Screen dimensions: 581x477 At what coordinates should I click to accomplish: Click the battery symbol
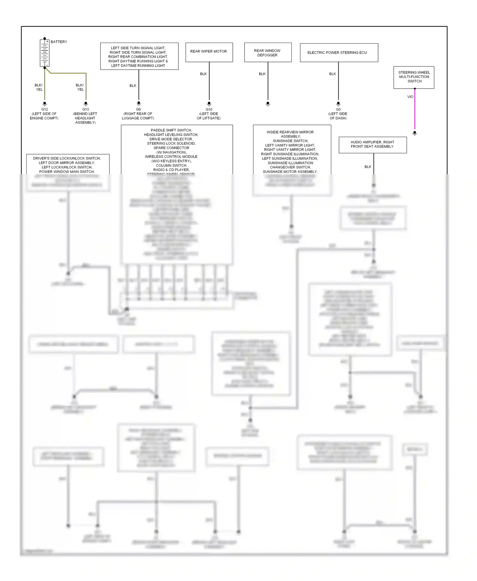45,53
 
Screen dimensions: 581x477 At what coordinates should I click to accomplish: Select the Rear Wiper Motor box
209,52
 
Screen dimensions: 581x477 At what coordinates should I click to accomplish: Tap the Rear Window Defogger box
268,52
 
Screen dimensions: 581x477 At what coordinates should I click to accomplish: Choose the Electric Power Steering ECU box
339,52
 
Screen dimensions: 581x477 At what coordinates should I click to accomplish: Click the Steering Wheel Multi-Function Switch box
414,77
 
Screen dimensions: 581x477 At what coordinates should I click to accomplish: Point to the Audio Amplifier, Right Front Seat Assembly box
372,145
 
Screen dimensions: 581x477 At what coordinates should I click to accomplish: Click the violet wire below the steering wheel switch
415,111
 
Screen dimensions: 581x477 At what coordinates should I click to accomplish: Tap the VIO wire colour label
410,97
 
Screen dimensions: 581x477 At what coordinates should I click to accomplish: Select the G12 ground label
45,109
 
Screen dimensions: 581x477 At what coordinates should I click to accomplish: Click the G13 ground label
86,109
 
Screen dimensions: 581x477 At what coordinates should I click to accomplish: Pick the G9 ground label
138,109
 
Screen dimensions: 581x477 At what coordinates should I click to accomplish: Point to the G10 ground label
209,109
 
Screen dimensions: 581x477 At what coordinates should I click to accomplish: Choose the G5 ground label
338,109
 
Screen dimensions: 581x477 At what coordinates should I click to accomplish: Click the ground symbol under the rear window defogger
268,104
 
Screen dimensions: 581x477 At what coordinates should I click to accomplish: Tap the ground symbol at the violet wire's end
415,133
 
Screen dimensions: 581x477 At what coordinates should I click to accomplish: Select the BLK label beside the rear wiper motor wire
203,74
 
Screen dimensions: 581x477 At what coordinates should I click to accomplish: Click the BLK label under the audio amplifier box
368,167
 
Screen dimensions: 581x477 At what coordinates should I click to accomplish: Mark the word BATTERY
59,42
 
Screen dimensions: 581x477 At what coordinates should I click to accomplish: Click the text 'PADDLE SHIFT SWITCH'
171,130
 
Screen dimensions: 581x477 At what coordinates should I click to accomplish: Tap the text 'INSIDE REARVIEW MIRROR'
290,132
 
